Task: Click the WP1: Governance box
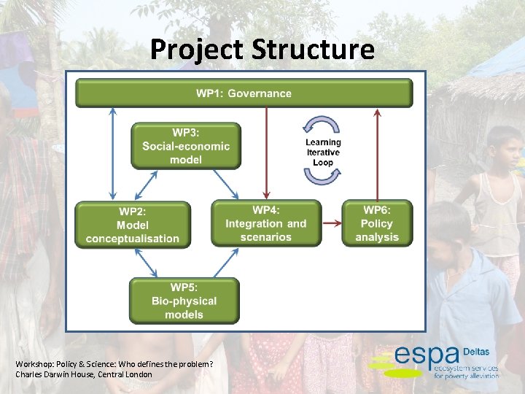(244, 93)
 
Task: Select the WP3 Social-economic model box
(186, 146)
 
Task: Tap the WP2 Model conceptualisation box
(132, 225)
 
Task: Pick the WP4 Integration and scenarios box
(266, 223)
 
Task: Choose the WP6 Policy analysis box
(376, 223)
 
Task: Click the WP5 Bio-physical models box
(184, 301)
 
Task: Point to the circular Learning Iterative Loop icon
(323, 152)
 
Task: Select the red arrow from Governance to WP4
(266, 153)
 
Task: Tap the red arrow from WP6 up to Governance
(376, 153)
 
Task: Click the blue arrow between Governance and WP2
(112, 153)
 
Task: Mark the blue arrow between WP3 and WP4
(224, 182)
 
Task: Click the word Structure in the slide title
(313, 50)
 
